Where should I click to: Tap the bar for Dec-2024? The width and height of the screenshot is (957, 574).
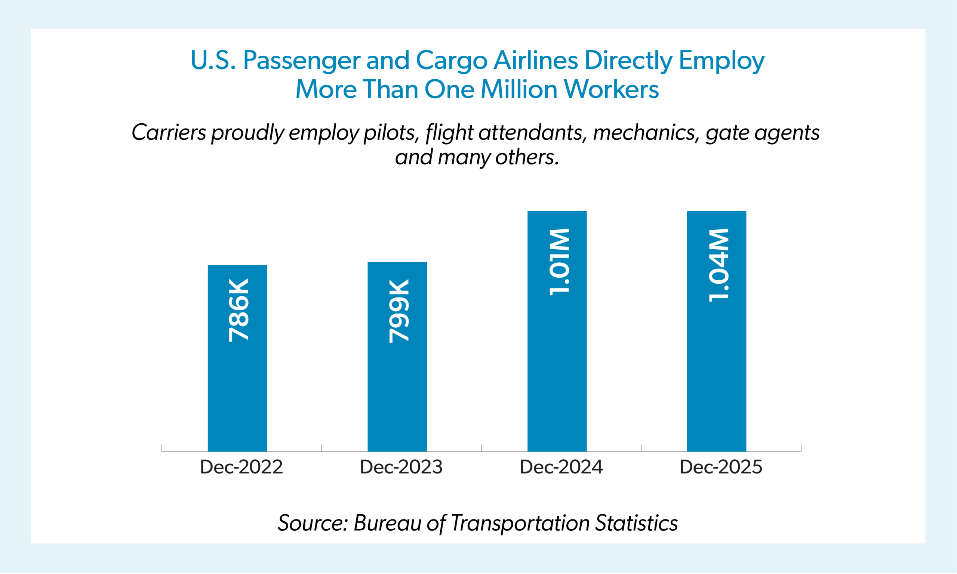(x=557, y=367)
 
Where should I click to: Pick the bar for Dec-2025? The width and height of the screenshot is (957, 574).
(x=716, y=367)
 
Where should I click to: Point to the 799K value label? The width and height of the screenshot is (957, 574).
(x=399, y=311)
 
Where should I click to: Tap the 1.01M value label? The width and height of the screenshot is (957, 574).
(x=559, y=262)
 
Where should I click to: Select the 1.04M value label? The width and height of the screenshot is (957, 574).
(x=718, y=265)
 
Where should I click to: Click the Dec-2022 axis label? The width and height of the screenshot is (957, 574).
(x=241, y=467)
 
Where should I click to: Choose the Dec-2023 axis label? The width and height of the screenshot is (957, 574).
(x=401, y=467)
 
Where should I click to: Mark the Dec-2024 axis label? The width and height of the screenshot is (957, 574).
(x=561, y=467)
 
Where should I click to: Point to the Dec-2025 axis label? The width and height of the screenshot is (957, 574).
(x=721, y=467)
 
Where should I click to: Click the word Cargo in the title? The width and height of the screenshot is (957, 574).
(x=452, y=61)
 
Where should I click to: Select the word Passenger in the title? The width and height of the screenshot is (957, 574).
(x=301, y=61)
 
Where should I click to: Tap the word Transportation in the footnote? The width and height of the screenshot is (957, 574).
(x=520, y=523)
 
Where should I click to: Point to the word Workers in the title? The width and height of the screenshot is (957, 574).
(x=611, y=89)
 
